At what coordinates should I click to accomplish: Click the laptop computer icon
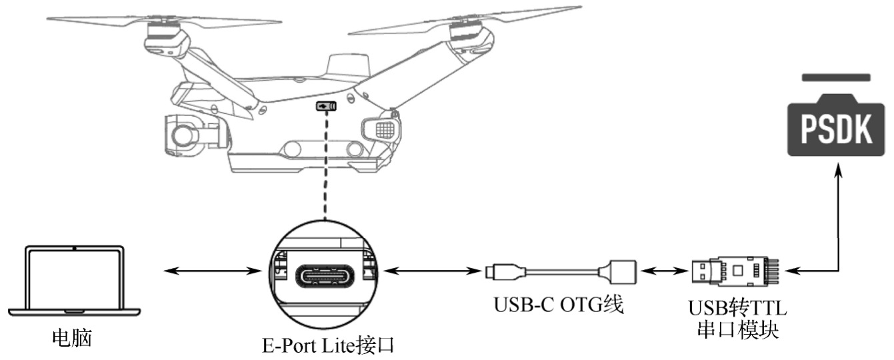(x=74, y=280)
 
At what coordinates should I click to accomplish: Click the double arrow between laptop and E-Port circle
(x=212, y=271)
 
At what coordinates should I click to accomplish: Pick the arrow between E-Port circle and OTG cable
(x=430, y=271)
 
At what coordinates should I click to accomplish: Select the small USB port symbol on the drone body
(x=326, y=106)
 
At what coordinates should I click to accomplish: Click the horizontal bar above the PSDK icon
(x=836, y=77)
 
